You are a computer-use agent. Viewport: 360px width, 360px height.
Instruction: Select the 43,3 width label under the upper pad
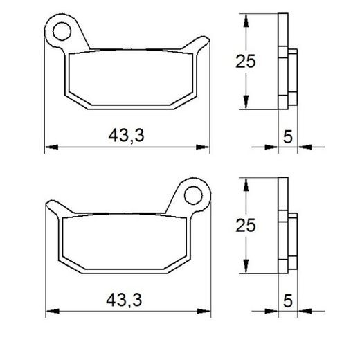(x=126, y=136)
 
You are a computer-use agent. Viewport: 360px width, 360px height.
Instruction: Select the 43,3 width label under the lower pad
(x=126, y=300)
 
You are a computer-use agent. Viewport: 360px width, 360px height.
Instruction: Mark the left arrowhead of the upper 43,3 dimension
(x=48, y=147)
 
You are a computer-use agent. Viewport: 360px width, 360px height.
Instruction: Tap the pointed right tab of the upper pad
(x=201, y=43)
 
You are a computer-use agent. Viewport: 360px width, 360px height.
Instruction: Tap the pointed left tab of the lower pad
(x=53, y=206)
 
